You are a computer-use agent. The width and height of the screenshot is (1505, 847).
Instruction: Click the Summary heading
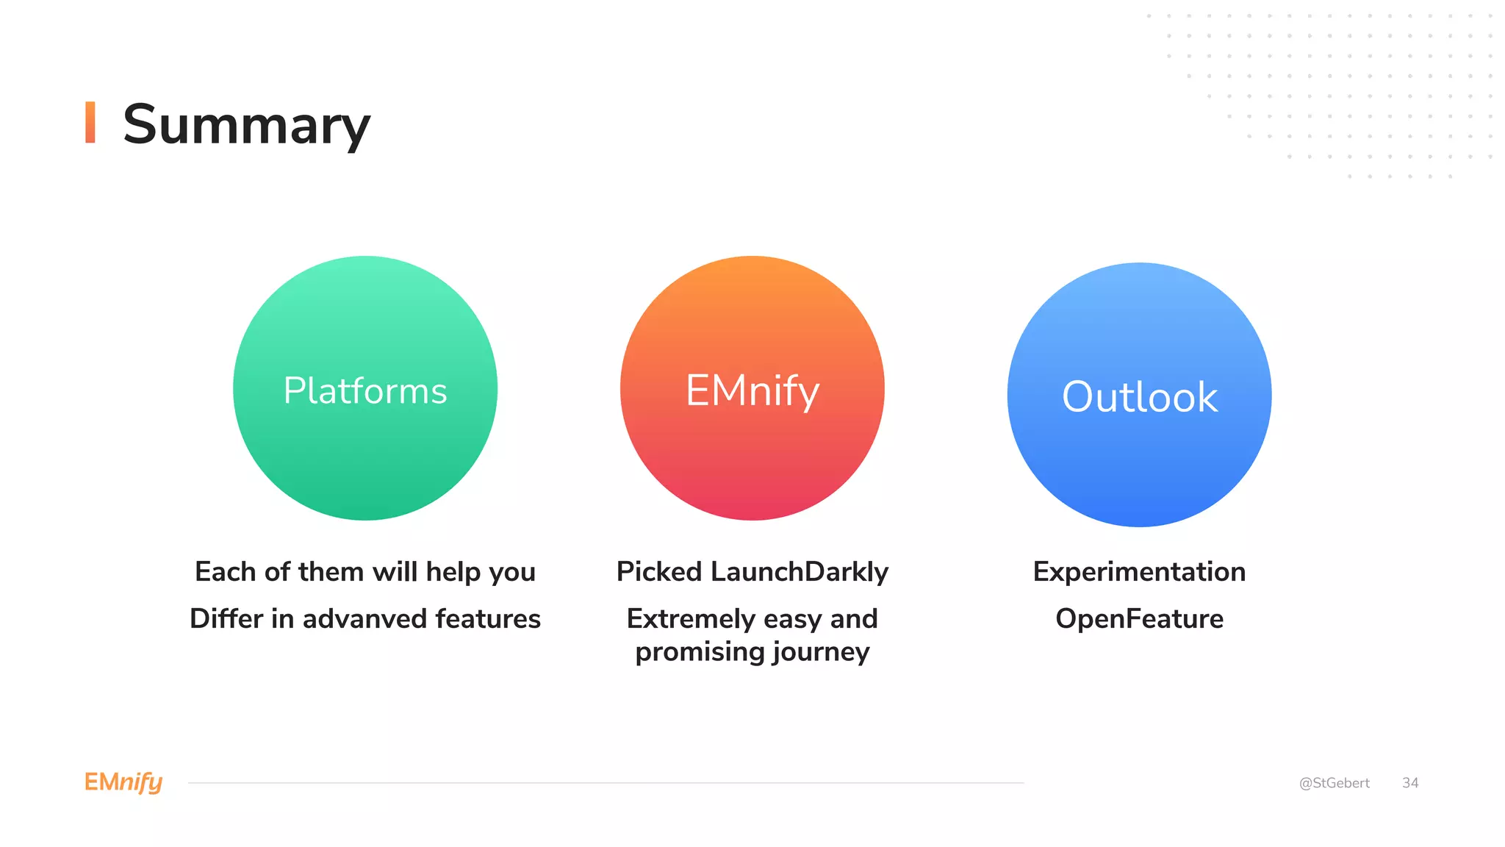(x=246, y=125)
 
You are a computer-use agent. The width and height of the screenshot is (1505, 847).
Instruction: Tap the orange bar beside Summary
(x=90, y=122)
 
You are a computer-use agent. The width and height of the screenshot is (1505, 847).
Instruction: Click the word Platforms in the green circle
(x=365, y=390)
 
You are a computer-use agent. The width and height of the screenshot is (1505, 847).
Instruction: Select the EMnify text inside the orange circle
(x=752, y=390)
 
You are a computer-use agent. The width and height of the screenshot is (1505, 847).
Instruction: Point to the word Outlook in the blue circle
(x=1139, y=397)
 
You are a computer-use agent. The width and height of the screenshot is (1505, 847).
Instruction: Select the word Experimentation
(x=1139, y=572)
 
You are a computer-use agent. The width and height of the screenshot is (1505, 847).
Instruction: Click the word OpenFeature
(x=1139, y=619)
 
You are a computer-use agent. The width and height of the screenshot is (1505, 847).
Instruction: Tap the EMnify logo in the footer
(x=123, y=782)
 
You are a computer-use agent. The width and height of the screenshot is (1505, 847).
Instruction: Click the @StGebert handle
(x=1334, y=783)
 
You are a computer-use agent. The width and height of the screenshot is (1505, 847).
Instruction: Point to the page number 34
(x=1409, y=783)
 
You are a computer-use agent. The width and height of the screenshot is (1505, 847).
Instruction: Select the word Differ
(x=226, y=619)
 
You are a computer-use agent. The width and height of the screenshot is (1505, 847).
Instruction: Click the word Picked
(x=659, y=572)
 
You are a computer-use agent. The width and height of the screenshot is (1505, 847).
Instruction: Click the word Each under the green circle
(x=226, y=572)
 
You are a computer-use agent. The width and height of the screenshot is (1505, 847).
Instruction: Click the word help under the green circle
(x=453, y=572)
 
